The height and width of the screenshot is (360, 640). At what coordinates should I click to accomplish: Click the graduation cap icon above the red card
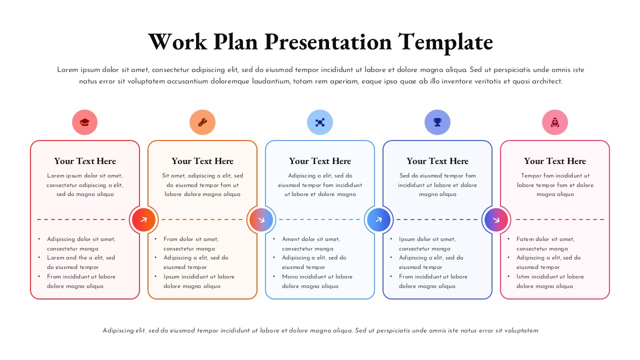point(84,122)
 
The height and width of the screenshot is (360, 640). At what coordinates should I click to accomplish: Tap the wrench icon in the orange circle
point(202,122)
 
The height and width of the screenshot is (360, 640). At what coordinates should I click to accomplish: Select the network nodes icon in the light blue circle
point(320,122)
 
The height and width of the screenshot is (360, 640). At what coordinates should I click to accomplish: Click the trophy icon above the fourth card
point(437,122)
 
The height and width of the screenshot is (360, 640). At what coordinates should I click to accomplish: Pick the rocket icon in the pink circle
point(555,122)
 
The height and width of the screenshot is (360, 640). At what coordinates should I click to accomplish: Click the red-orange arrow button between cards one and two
point(144,219)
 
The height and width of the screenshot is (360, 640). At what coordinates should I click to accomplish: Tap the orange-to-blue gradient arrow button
point(261,219)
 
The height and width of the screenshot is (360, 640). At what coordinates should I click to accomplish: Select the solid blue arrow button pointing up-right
point(379,219)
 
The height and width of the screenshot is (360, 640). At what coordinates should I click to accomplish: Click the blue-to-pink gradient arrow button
point(496,219)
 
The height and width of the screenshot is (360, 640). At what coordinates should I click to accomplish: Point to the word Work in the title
point(177,41)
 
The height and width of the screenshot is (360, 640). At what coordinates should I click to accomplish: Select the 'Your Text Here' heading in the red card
point(85,161)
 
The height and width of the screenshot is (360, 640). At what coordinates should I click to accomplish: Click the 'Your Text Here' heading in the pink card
point(555,161)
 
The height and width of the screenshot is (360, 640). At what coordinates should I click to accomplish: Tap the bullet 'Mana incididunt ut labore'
point(317,276)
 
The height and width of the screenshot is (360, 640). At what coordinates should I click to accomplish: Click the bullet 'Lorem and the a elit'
point(81,258)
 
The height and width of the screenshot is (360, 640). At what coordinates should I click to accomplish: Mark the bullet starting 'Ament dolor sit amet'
point(310,239)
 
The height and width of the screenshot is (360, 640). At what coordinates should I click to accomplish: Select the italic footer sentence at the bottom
point(320,330)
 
